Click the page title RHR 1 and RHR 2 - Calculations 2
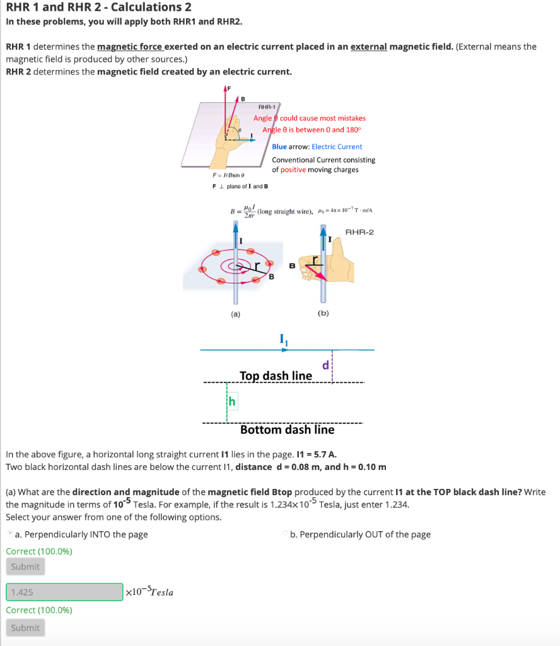pos(98,8)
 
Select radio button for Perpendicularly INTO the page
pos(9,534)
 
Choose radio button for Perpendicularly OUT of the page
pos(285,534)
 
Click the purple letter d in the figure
pos(325,365)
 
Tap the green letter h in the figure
pos(231,401)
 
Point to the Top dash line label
pos(276,376)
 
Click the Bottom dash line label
pos(287,430)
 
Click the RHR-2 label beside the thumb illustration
pos(359,232)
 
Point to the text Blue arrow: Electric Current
pos(317,146)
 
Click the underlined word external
pos(368,47)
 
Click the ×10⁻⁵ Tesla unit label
pos(150,592)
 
